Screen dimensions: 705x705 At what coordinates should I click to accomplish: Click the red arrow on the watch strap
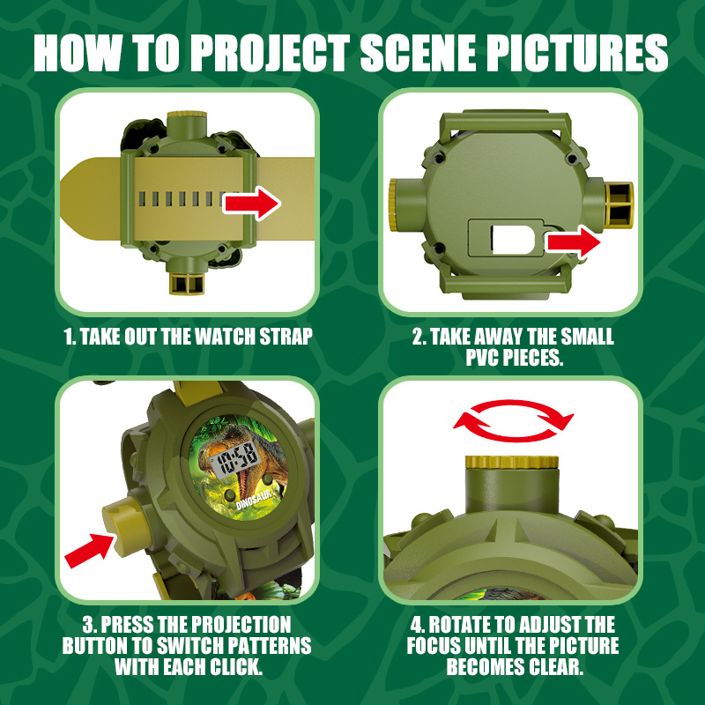pyautogui.click(x=252, y=204)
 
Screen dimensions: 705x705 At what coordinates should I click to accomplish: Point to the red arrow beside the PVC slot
pyautogui.click(x=574, y=242)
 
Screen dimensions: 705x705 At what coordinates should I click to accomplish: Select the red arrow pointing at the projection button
pyautogui.click(x=89, y=550)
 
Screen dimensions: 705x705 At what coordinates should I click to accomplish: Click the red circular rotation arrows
pyautogui.click(x=513, y=421)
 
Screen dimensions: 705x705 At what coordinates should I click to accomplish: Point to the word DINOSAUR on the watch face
pyautogui.click(x=255, y=500)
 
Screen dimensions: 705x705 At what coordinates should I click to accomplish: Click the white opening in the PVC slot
pyautogui.click(x=513, y=239)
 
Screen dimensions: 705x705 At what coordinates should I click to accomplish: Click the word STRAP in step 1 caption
pyautogui.click(x=286, y=337)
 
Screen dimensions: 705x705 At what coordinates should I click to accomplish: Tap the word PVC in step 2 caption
pyautogui.click(x=482, y=358)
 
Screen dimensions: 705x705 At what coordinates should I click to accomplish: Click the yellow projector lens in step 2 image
pyautogui.click(x=620, y=204)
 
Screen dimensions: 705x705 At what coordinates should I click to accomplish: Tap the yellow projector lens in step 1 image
pyautogui.click(x=187, y=283)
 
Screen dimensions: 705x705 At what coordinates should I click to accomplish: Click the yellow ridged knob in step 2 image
pyautogui.click(x=393, y=204)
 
